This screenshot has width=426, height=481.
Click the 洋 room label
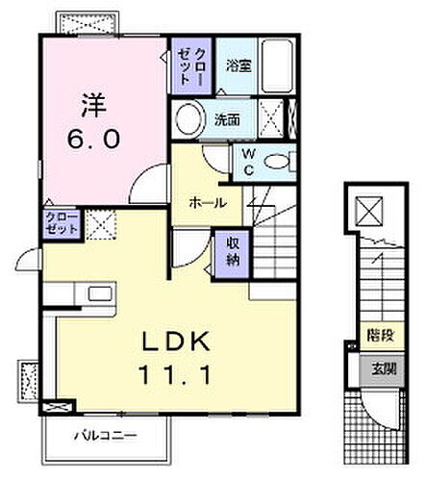[93, 101]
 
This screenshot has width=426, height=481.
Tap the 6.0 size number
[94, 139]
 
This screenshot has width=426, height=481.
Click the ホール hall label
[207, 203]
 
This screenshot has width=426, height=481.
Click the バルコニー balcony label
[106, 436]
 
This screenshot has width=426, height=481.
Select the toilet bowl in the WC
[280, 161]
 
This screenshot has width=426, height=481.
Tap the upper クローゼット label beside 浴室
[185, 66]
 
